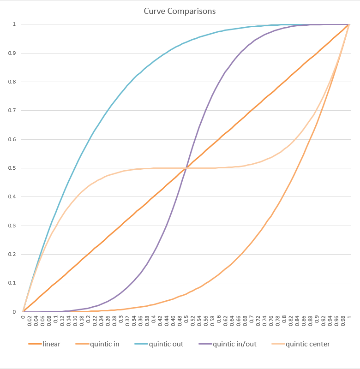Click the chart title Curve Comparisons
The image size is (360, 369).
(x=180, y=11)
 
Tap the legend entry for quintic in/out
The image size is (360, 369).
(x=234, y=344)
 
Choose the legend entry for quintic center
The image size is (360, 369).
(x=308, y=344)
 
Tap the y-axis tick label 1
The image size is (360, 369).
(x=15, y=24)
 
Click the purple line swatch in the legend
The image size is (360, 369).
(x=205, y=344)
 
